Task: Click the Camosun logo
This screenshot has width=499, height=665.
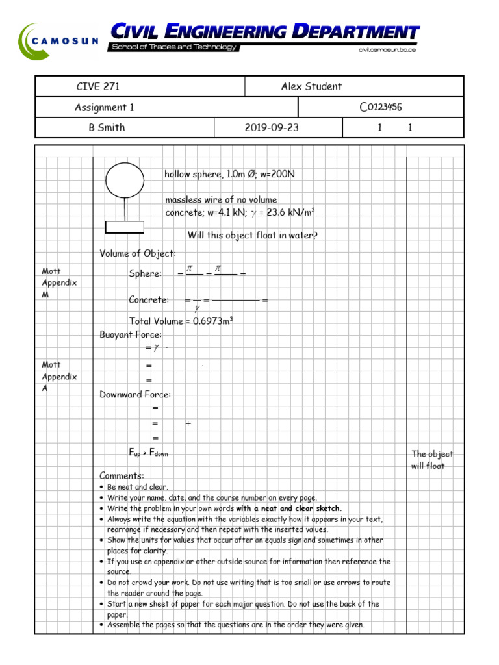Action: [x=58, y=41]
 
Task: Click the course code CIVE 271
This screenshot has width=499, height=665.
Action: [x=98, y=87]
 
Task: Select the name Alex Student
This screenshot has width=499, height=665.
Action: [x=311, y=87]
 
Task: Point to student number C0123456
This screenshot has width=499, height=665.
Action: [x=381, y=108]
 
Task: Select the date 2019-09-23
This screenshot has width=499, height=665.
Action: [x=272, y=128]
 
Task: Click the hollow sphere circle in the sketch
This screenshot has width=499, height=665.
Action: [x=125, y=180]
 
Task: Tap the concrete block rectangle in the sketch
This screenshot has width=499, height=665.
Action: [x=125, y=227]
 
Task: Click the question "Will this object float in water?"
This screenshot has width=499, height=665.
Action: [x=253, y=235]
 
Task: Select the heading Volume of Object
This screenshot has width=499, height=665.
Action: [x=138, y=253]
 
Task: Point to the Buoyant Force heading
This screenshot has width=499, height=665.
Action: [x=131, y=335]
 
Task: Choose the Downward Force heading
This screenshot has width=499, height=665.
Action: [x=135, y=394]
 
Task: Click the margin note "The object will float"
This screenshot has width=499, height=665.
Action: [x=432, y=460]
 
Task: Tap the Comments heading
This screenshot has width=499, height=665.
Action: [x=122, y=475]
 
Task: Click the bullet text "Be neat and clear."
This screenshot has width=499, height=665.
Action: [x=138, y=487]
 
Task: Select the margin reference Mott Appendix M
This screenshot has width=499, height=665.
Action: [x=59, y=283]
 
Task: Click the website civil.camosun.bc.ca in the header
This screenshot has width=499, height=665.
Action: [x=387, y=49]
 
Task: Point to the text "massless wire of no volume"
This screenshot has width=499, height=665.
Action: [x=221, y=200]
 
